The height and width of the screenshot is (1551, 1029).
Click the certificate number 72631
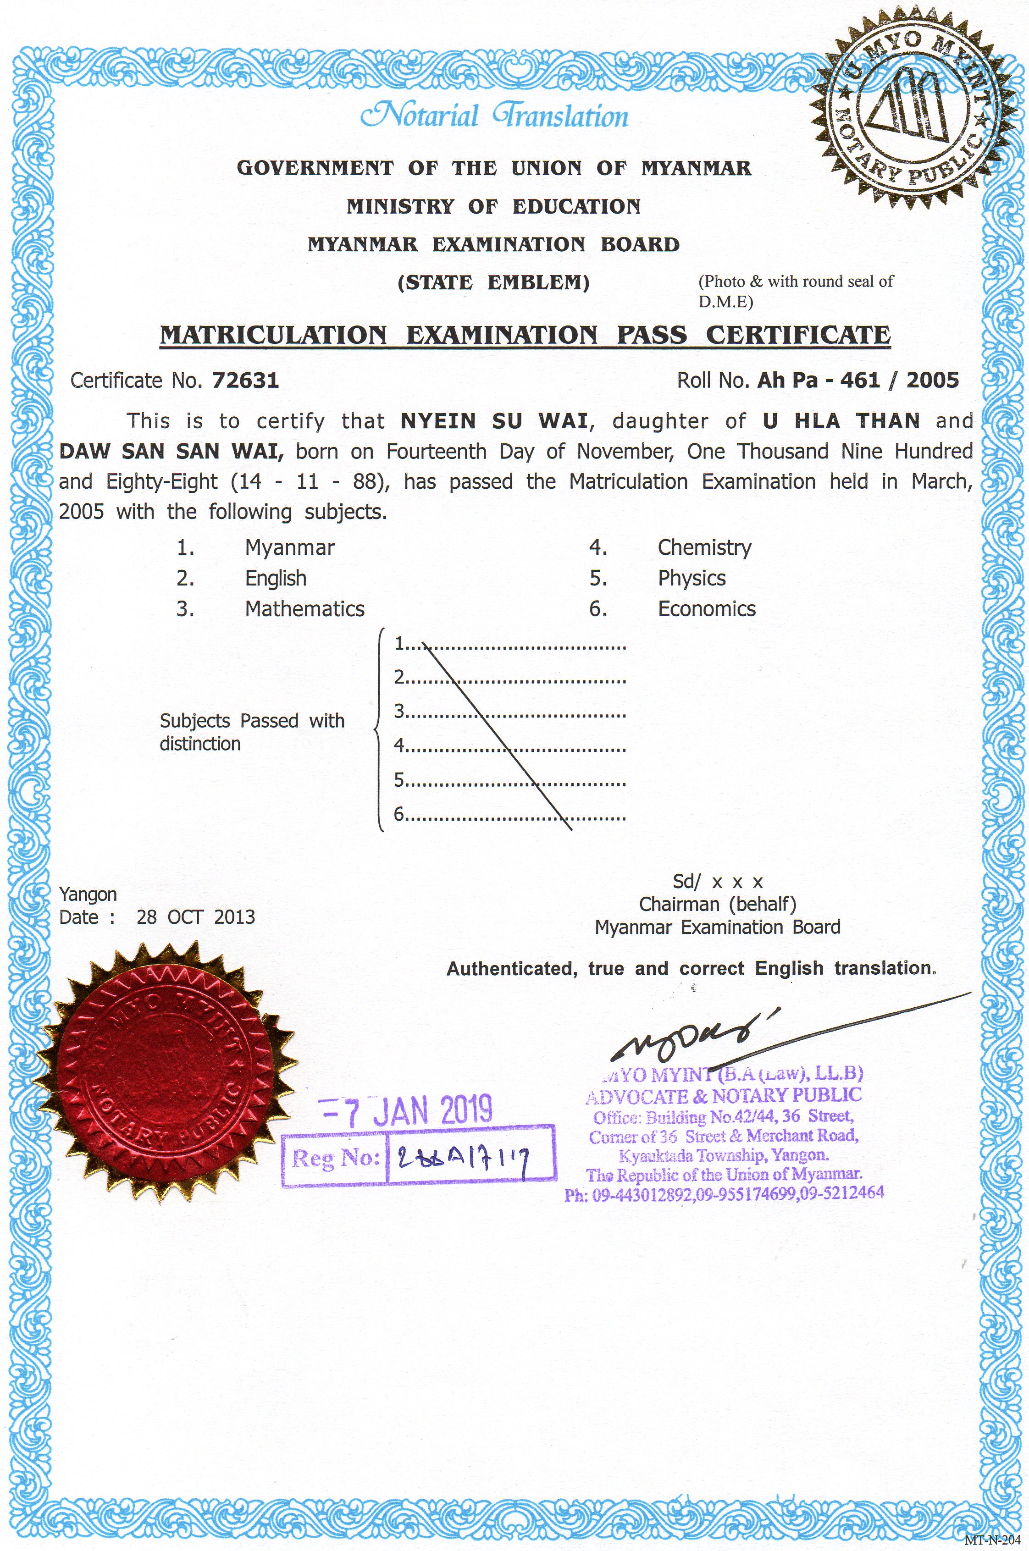pos(246,381)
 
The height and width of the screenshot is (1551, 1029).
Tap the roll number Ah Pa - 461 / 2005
pos(857,381)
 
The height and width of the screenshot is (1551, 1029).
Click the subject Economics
pos(707,609)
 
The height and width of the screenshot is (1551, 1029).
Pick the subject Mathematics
pos(304,609)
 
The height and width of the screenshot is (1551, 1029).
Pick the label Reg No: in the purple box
pos(335,1158)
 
